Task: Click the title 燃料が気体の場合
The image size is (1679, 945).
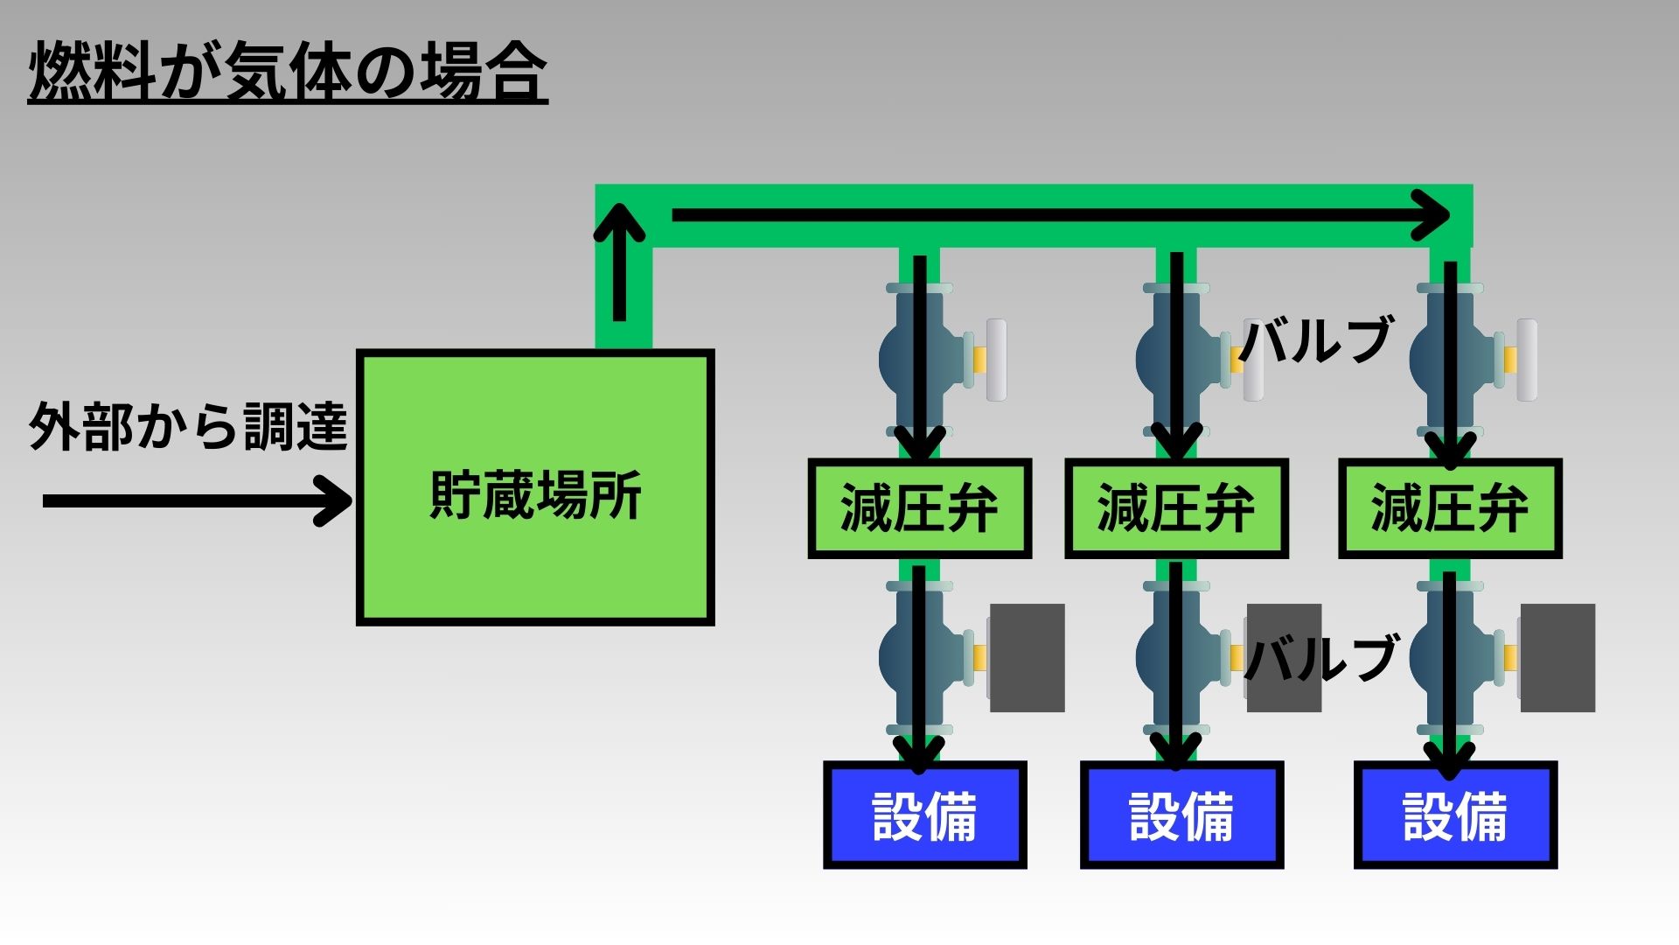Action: click(x=288, y=72)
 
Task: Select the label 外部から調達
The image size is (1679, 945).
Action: click(x=189, y=427)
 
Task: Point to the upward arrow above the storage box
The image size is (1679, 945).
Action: click(x=620, y=262)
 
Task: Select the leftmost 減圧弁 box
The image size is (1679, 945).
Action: click(x=919, y=508)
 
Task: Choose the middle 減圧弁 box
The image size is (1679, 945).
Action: click(x=1176, y=508)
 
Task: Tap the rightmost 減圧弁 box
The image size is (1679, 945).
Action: click(x=1450, y=508)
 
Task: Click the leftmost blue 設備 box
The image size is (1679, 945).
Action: click(x=924, y=815)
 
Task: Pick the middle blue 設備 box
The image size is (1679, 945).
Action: click(x=1181, y=815)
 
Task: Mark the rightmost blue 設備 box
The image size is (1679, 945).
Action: click(x=1455, y=815)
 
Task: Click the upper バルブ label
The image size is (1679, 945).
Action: click(x=1316, y=339)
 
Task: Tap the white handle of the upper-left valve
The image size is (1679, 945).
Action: click(x=996, y=360)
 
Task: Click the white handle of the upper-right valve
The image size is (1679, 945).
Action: click(x=1527, y=360)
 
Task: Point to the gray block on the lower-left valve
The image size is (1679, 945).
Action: click(x=1028, y=657)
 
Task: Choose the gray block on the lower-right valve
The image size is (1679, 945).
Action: click(x=1557, y=657)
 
